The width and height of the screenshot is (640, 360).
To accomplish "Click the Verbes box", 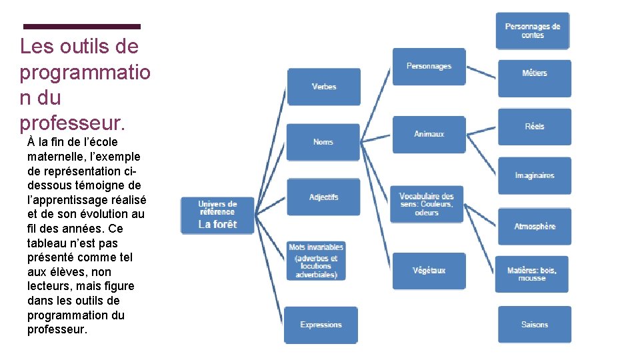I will click(323, 87).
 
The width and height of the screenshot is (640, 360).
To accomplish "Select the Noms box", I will click(323, 142).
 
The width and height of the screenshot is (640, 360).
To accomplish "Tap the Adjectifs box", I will click(323, 197).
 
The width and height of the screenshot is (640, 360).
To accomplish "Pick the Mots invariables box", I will click(317, 261).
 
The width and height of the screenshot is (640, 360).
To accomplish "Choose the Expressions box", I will click(321, 325).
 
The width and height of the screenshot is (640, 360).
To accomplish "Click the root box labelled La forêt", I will click(217, 215).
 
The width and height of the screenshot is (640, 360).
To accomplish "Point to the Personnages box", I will click(429, 67).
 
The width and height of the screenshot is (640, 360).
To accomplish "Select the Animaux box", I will click(429, 134).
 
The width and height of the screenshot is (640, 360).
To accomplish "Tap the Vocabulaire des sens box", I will click(427, 204).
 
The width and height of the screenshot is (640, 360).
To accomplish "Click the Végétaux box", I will click(429, 271).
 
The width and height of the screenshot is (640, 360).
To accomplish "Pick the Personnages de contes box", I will click(533, 31).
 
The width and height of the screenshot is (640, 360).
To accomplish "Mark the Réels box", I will click(535, 127).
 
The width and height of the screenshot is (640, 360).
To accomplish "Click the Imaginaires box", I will click(535, 176).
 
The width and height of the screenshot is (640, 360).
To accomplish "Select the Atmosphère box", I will click(535, 227).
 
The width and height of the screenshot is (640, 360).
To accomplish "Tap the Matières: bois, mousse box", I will click(532, 274).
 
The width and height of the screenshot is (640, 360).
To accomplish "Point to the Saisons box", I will click(535, 325).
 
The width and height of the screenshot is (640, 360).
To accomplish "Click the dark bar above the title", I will click(82, 27).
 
